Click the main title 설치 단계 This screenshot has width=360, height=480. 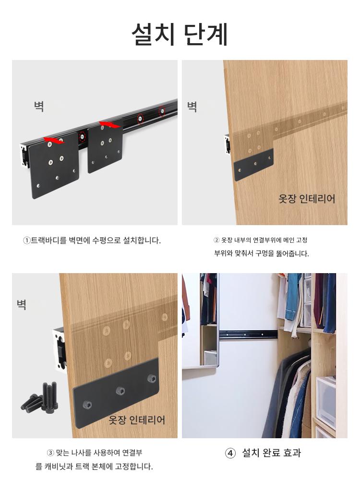click(180, 34)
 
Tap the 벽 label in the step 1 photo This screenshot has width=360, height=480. click(39, 106)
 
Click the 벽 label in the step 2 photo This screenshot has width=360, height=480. click(192, 107)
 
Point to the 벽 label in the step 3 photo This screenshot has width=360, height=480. click(22, 304)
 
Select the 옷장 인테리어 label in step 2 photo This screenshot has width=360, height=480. click(307, 199)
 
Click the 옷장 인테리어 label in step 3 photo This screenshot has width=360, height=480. click(137, 420)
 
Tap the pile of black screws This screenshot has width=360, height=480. click(40, 397)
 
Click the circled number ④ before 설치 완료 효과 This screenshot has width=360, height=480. click(230, 453)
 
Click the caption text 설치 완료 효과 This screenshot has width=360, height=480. click(272, 453)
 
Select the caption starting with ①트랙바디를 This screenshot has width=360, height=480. click(92, 240)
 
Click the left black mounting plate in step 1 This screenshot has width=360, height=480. click(54, 165)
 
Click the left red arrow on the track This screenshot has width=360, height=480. click(54, 141)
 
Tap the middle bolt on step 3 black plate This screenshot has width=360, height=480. click(120, 391)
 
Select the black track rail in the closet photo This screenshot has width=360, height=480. click(248, 334)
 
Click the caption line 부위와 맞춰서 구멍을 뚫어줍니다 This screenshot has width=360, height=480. click(262, 253)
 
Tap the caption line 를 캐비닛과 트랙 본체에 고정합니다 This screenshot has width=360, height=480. click(94, 467)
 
